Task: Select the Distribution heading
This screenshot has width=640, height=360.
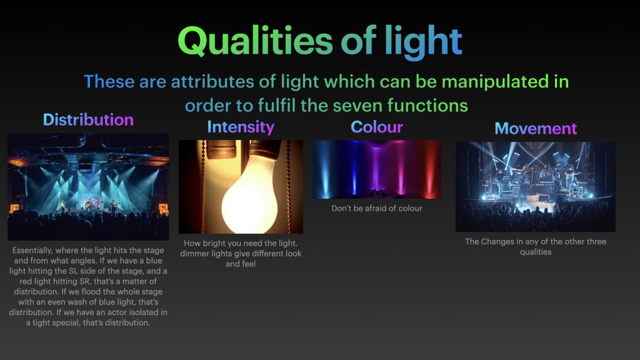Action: pos(88,119)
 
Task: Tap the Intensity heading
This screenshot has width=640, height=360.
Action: pos(241,127)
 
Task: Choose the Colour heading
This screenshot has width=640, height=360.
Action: pos(377,127)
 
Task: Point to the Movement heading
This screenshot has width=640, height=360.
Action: pos(536,129)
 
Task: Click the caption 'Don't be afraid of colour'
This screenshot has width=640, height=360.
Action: pos(377,208)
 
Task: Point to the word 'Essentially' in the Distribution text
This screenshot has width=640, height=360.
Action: pos(32,250)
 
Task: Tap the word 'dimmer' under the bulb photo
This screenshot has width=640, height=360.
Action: pos(194,254)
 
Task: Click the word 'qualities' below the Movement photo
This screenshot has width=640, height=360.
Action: pos(536,252)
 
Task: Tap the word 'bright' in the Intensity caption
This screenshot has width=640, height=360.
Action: pos(215,243)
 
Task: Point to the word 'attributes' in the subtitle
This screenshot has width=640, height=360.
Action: pos(212,82)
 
